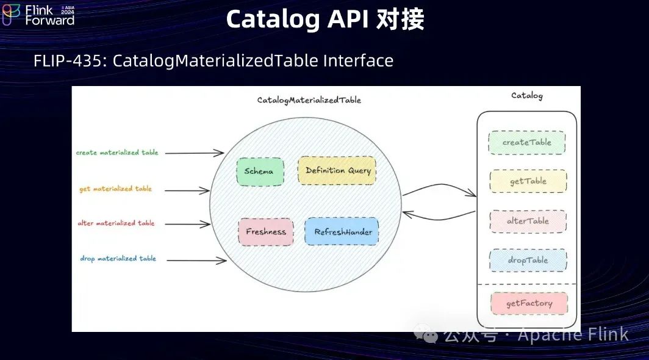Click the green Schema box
point(260,171)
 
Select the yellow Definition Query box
point(337,171)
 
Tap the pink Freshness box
point(265,232)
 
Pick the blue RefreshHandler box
point(342,232)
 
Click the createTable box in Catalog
point(526,142)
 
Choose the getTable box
point(528,181)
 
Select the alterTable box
point(528,221)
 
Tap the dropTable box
point(528,260)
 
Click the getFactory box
point(529,303)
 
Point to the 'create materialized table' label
point(117,153)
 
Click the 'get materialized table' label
point(115,189)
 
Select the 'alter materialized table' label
point(116,223)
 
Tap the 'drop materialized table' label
point(118,259)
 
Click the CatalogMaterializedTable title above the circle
point(309,100)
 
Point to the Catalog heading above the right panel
point(526,96)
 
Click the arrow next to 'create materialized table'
point(195,153)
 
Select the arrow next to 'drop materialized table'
point(196,261)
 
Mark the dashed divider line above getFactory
point(526,284)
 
